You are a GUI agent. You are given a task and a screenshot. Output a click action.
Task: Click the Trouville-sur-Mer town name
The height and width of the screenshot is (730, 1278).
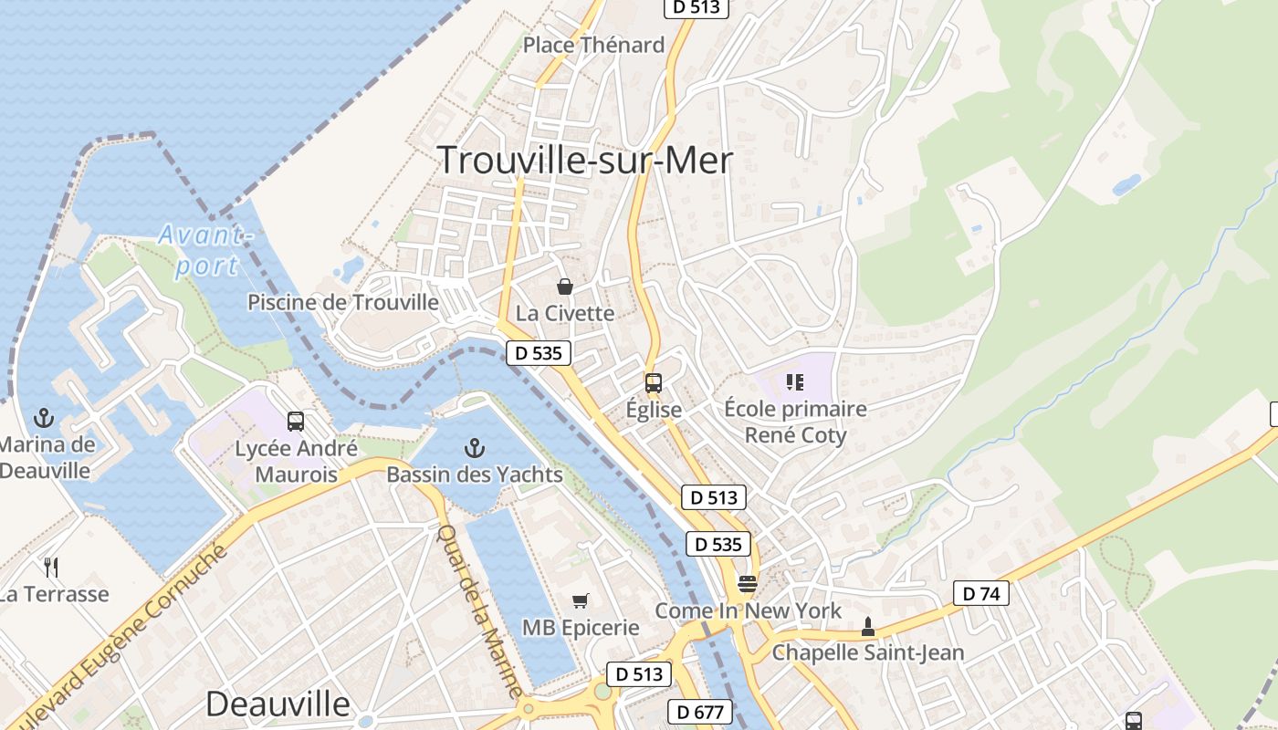pyautogui.click(x=584, y=161)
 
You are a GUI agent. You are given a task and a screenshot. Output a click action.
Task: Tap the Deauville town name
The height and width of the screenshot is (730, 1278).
pyautogui.click(x=278, y=704)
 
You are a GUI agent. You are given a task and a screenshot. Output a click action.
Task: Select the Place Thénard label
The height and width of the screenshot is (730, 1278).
pyautogui.click(x=593, y=45)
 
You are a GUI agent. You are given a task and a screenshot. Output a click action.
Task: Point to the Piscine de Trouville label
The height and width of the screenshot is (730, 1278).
pyautogui.click(x=343, y=302)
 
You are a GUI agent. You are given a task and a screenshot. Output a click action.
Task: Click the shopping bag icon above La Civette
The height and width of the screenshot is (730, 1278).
pyautogui.click(x=565, y=287)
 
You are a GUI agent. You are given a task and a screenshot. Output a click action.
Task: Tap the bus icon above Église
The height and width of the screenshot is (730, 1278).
pyautogui.click(x=653, y=383)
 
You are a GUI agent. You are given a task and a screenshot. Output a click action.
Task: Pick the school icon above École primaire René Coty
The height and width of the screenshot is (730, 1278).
pyautogui.click(x=794, y=381)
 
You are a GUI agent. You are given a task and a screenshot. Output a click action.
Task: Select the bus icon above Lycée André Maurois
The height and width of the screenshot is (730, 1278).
pyautogui.click(x=295, y=422)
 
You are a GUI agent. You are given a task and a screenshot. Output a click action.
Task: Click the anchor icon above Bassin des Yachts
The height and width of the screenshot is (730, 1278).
pyautogui.click(x=474, y=448)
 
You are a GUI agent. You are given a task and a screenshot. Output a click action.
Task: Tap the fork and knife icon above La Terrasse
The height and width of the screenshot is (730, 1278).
pyautogui.click(x=51, y=568)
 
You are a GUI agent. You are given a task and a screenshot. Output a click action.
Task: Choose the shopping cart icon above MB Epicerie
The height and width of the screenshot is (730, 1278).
pyautogui.click(x=580, y=601)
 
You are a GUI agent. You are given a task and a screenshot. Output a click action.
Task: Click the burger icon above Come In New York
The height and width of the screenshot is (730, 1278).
pyautogui.click(x=748, y=584)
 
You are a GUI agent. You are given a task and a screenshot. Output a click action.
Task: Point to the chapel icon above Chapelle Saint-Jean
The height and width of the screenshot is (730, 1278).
pyautogui.click(x=867, y=627)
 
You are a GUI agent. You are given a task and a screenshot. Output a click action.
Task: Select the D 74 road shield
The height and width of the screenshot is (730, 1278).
pyautogui.click(x=981, y=593)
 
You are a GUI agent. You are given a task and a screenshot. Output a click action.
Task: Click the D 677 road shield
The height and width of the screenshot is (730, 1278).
pyautogui.click(x=700, y=712)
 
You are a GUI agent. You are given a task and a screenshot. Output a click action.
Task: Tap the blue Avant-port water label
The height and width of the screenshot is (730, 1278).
pyautogui.click(x=204, y=250)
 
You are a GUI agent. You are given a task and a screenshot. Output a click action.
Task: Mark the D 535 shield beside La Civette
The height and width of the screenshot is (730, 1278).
pyautogui.click(x=539, y=353)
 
